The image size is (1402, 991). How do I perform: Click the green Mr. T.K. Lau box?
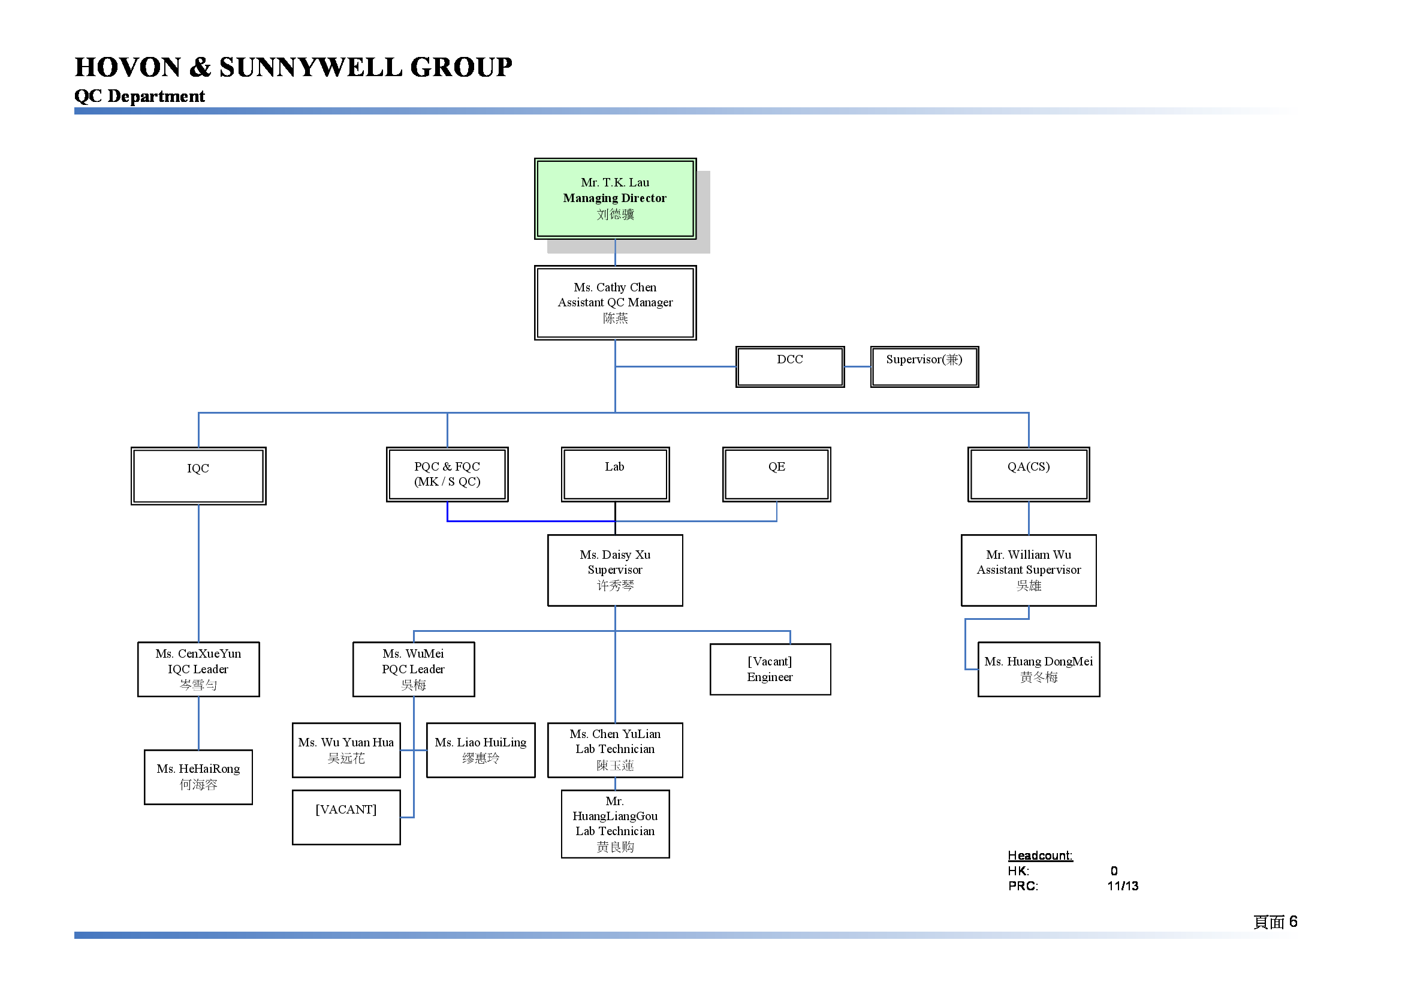pos(615,198)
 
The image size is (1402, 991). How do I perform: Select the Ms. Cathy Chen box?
pos(615,302)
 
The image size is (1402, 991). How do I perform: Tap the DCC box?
pos(789,366)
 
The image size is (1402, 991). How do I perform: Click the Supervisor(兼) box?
pos(924,366)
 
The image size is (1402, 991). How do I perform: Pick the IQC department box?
pos(198,475)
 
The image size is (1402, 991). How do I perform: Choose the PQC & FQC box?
pos(447,474)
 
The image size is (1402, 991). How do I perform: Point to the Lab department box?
pos(615,474)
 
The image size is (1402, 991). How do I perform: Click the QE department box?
pos(777,474)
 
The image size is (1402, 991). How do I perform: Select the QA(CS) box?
pos(1029,474)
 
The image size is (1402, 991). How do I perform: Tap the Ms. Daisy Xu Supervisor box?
pos(615,570)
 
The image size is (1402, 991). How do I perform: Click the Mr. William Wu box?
pos(1029,570)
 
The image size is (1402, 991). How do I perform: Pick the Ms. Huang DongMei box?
pos(1039,669)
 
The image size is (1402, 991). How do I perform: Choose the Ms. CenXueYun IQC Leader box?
pos(198,669)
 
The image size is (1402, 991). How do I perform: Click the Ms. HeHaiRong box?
pos(198,777)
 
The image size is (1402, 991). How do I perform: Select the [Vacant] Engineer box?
pos(770,669)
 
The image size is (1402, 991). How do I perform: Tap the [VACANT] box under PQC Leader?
pos(346,817)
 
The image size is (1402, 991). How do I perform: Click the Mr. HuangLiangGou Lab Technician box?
pos(615,824)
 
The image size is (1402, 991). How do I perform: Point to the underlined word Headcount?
pos(1040,856)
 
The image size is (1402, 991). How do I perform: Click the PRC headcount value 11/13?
pos(1122,886)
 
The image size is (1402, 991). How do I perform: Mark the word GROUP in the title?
pos(461,67)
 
